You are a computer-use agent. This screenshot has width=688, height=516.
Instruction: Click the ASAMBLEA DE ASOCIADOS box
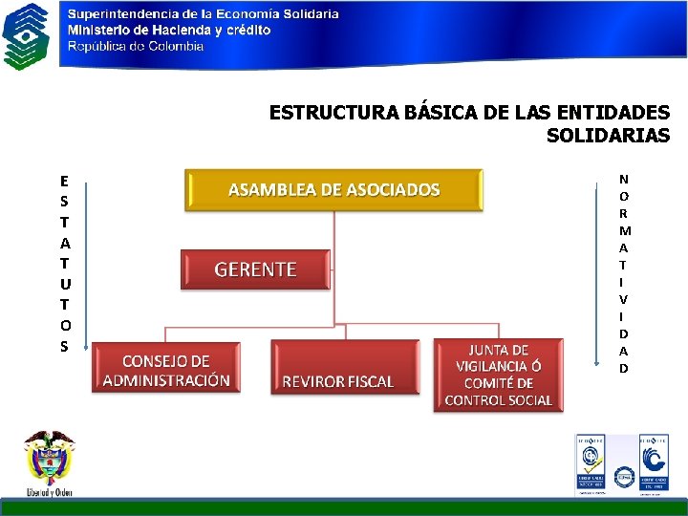click(x=333, y=189)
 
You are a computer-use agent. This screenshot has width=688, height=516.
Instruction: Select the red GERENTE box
click(x=255, y=269)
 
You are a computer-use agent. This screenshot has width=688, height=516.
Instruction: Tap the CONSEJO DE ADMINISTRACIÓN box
click(x=165, y=371)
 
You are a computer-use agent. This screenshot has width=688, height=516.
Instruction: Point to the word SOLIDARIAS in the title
click(x=608, y=136)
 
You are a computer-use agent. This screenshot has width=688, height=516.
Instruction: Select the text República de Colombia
click(x=135, y=46)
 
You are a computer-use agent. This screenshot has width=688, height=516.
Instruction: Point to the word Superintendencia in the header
click(x=123, y=14)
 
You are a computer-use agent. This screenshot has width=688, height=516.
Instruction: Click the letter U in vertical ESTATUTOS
click(x=64, y=283)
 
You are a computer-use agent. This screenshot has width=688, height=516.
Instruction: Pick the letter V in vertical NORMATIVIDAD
click(x=623, y=299)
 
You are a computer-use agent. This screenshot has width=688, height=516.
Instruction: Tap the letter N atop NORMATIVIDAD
click(x=623, y=179)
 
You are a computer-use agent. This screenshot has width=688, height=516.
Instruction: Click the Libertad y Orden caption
click(x=49, y=492)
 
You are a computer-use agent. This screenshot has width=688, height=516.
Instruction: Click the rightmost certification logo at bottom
click(x=653, y=464)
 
